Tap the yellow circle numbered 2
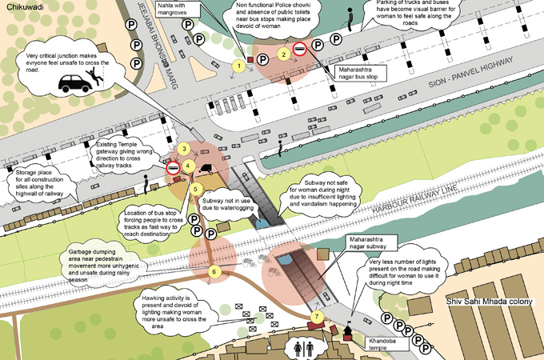coord(282,54)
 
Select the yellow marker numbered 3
coord(183,149)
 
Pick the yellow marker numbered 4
coord(188,166)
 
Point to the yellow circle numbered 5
coord(195,189)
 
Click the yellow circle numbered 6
coord(214,272)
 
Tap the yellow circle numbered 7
coord(317,318)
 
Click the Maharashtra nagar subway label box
coord(372,242)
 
